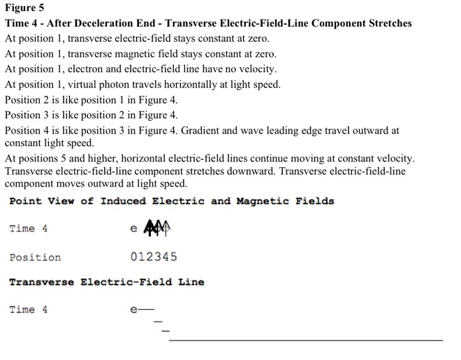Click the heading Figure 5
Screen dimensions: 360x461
tap(24, 8)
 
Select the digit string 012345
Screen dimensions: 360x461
tap(154, 257)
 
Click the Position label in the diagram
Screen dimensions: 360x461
tap(35, 257)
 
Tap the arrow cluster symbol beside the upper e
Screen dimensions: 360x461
tap(157, 228)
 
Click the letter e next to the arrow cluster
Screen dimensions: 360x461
tap(134, 229)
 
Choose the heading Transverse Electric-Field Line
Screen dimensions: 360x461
tap(106, 282)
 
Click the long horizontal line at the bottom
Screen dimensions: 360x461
tap(306, 340)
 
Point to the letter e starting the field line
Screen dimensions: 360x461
tap(133, 310)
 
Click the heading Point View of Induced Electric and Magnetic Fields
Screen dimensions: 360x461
tap(171, 201)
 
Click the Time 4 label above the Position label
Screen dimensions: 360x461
tap(29, 229)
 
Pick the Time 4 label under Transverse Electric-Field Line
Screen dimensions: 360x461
tap(29, 310)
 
